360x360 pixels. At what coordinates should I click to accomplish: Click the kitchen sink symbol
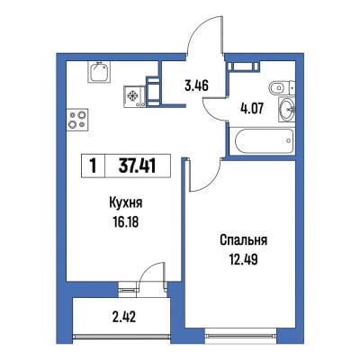99,72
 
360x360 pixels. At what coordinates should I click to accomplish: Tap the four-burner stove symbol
77,120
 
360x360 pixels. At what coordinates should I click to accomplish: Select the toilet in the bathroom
280,88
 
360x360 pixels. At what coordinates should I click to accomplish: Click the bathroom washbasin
287,110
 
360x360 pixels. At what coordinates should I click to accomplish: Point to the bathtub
264,140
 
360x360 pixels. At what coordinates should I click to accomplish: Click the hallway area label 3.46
196,86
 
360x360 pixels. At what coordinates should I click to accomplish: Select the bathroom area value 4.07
252,109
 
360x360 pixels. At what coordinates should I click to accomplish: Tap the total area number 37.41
138,166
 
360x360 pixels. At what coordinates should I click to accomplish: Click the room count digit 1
93,166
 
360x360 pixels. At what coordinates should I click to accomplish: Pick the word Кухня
125,203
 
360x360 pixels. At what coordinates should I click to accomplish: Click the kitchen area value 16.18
126,222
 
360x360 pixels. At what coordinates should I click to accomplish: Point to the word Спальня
244,240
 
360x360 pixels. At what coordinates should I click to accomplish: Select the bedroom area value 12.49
244,259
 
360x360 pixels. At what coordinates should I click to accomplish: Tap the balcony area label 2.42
124,317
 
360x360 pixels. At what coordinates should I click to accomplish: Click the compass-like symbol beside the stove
132,96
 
